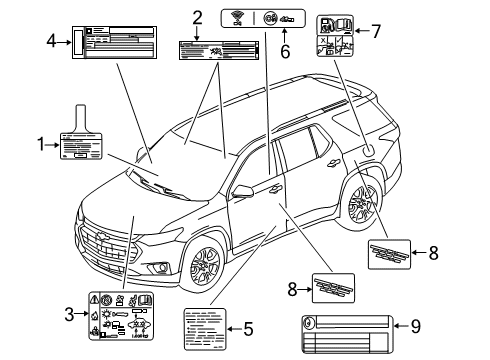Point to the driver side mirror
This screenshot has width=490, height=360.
243,187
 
